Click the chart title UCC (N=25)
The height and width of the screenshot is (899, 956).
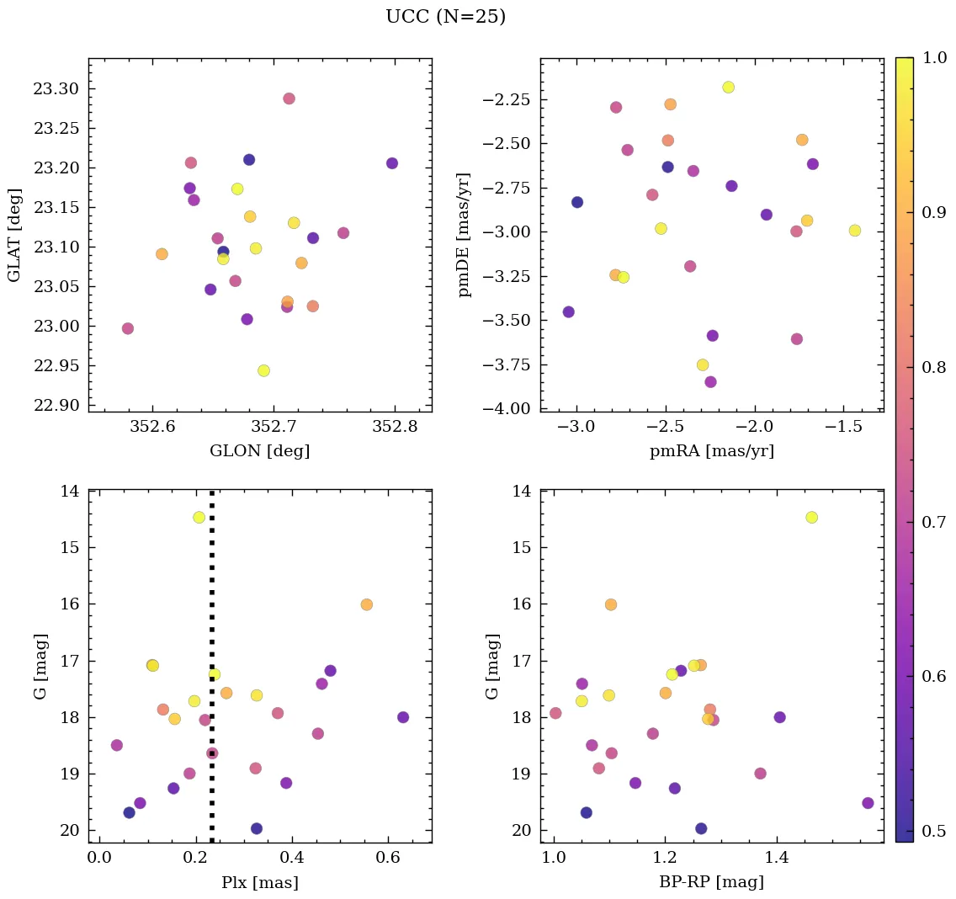click(x=445, y=17)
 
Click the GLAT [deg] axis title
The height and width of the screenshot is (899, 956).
click(x=14, y=235)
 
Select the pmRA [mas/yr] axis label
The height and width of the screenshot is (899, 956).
click(x=711, y=451)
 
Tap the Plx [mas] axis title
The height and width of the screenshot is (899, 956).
click(x=259, y=882)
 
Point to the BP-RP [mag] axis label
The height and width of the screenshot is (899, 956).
click(x=711, y=882)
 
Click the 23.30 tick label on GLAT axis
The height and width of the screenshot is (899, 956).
click(x=59, y=89)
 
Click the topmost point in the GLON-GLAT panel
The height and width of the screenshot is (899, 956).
click(x=289, y=98)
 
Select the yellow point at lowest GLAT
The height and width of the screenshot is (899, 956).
click(x=263, y=370)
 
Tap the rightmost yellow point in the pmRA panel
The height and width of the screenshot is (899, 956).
click(x=854, y=231)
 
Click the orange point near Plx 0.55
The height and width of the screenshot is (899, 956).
click(x=366, y=604)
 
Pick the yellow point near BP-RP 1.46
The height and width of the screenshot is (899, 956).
click(x=811, y=517)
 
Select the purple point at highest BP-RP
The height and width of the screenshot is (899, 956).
click(x=868, y=803)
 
